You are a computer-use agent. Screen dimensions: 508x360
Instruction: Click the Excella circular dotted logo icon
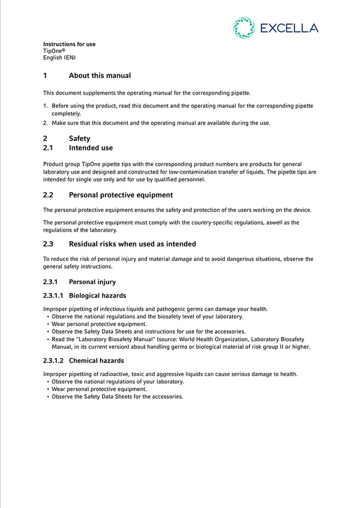pyautogui.click(x=243, y=28)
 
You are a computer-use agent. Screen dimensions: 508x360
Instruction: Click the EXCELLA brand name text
pyautogui.click(x=289, y=28)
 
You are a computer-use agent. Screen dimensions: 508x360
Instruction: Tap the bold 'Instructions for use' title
pyautogui.click(x=69, y=44)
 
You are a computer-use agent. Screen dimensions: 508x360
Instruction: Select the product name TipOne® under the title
pyautogui.click(x=54, y=51)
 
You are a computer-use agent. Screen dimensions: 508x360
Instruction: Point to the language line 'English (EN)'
pyautogui.click(x=60, y=58)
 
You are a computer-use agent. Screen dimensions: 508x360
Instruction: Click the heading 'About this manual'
pyautogui.click(x=100, y=75)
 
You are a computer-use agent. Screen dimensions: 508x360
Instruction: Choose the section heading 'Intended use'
pyautogui.click(x=91, y=148)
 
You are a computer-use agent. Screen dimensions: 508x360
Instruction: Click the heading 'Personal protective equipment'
pyautogui.click(x=121, y=195)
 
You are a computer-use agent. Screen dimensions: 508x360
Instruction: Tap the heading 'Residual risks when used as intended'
pyautogui.click(x=132, y=244)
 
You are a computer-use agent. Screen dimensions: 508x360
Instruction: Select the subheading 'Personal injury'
pyautogui.click(x=92, y=282)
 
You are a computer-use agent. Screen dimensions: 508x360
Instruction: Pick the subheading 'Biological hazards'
pyautogui.click(x=97, y=295)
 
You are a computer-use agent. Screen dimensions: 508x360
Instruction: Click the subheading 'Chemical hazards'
pyautogui.click(x=96, y=360)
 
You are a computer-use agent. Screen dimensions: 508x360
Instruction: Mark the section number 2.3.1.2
pyautogui.click(x=54, y=360)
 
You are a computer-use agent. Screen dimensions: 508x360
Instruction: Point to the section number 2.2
pyautogui.click(x=48, y=195)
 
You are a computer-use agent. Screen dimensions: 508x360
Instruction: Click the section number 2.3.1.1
pyautogui.click(x=54, y=295)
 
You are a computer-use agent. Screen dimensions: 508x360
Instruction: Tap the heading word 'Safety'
pyautogui.click(x=79, y=139)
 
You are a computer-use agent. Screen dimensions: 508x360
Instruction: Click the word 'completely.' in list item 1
pyautogui.click(x=66, y=114)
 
